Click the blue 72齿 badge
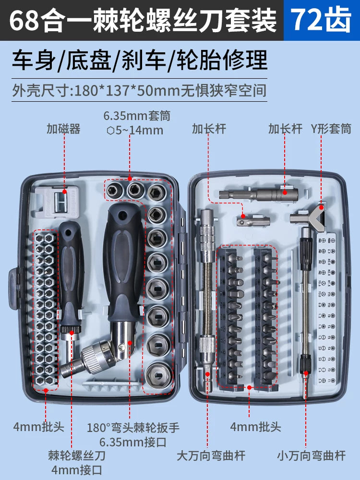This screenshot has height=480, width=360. pyautogui.click(x=322, y=21)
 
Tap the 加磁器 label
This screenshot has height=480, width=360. pyautogui.click(x=63, y=129)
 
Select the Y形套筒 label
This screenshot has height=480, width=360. pyautogui.click(x=332, y=129)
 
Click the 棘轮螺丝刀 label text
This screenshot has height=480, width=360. pyautogui.click(x=76, y=455)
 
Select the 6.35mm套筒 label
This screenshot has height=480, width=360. pyautogui.click(x=137, y=116)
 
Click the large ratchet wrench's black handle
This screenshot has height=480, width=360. pyautogui.click(x=124, y=259)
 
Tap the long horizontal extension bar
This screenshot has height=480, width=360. pyautogui.click(x=258, y=194)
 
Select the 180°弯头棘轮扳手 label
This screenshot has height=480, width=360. pyautogui.click(x=133, y=427)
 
